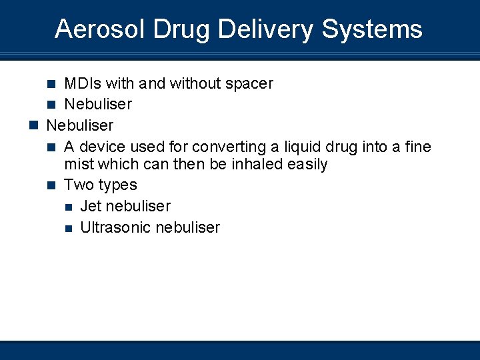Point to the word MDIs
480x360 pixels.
point(82,83)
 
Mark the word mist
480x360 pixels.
point(79,164)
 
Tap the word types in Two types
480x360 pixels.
point(118,185)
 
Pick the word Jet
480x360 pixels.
point(91,206)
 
